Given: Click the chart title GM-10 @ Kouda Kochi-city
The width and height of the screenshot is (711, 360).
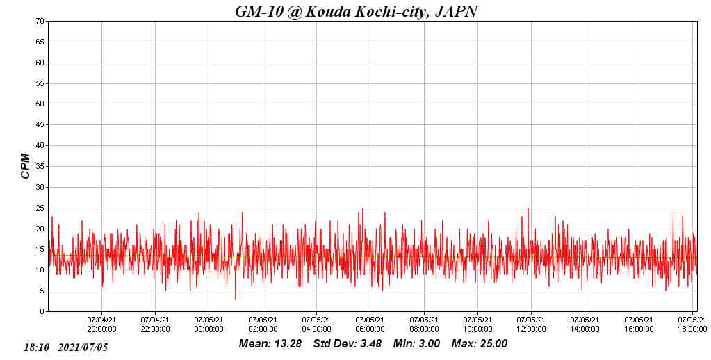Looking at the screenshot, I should tap(356, 11).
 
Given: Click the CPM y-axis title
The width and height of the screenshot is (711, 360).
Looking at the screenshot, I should tap(26, 166).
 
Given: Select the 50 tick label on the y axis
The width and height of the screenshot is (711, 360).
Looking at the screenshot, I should tap(41, 104).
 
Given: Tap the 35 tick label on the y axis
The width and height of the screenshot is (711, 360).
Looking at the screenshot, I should tap(41, 166).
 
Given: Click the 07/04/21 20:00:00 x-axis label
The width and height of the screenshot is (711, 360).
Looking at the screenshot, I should tap(101, 325).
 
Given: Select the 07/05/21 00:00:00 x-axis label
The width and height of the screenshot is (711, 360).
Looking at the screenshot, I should tap(209, 325).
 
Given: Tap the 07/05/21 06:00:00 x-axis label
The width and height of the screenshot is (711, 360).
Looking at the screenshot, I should tap(370, 325).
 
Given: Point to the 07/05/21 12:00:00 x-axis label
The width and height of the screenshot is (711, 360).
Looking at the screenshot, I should tap(531, 325).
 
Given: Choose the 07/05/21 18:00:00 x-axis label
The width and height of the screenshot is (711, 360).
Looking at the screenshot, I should tap(692, 325).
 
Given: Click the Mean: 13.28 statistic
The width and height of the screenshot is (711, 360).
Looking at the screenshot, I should tap(270, 343).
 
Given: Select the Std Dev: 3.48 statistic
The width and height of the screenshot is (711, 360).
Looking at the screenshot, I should tap(347, 343).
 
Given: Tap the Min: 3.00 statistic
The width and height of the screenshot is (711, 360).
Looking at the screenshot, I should tap(416, 343).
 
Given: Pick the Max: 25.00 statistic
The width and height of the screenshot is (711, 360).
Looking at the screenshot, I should tap(480, 343).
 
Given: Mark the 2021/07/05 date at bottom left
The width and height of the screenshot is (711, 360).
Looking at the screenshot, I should tap(83, 347).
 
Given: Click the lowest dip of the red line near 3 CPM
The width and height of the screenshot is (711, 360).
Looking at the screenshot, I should tap(235, 298).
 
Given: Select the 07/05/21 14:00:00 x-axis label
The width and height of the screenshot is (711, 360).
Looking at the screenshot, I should tap(585, 325).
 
